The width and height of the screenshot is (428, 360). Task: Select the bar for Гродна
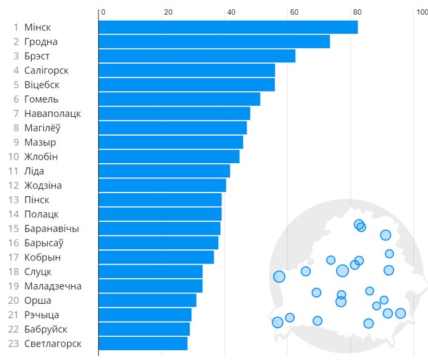(x=214, y=42)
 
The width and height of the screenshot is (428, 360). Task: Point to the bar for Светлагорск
(x=143, y=343)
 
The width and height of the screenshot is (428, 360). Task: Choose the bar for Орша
(x=147, y=300)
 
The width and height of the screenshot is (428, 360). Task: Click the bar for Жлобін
(x=169, y=156)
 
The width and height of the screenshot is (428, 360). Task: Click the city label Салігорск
(x=46, y=70)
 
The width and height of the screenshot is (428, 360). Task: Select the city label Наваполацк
(x=53, y=114)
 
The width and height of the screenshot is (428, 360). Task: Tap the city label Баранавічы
(x=52, y=229)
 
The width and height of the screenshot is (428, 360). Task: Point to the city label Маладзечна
(x=53, y=286)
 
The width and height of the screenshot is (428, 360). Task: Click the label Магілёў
(x=42, y=128)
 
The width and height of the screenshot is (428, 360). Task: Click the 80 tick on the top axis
(x=356, y=12)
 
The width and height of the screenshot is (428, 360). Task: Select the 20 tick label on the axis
(x=168, y=12)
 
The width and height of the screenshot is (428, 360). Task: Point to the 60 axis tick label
(x=293, y=12)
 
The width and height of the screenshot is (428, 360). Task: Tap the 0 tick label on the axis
(x=103, y=12)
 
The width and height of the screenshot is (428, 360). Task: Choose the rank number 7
(x=17, y=114)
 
